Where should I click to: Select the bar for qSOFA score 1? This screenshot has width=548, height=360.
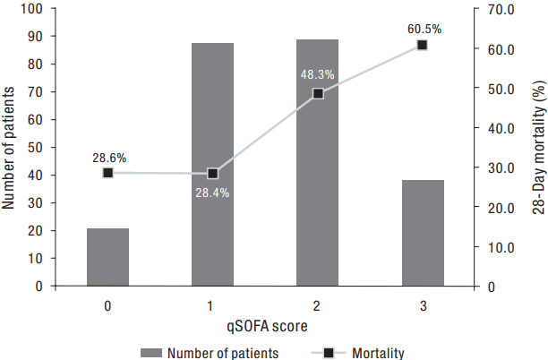(212, 165)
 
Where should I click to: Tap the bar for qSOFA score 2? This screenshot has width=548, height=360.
(317, 163)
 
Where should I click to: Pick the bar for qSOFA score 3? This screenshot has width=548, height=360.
(423, 233)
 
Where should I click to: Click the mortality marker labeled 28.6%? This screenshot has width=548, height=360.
(107, 173)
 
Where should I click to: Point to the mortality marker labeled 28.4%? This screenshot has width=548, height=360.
(212, 174)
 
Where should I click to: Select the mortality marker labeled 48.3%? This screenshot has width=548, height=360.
(317, 93)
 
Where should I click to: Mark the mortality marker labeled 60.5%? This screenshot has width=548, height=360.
(423, 45)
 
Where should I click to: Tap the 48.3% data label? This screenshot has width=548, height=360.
(317, 75)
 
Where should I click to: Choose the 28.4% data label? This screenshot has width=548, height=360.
(212, 192)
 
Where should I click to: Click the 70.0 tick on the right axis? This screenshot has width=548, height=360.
(501, 9)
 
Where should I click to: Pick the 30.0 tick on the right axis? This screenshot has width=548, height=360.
(501, 167)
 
